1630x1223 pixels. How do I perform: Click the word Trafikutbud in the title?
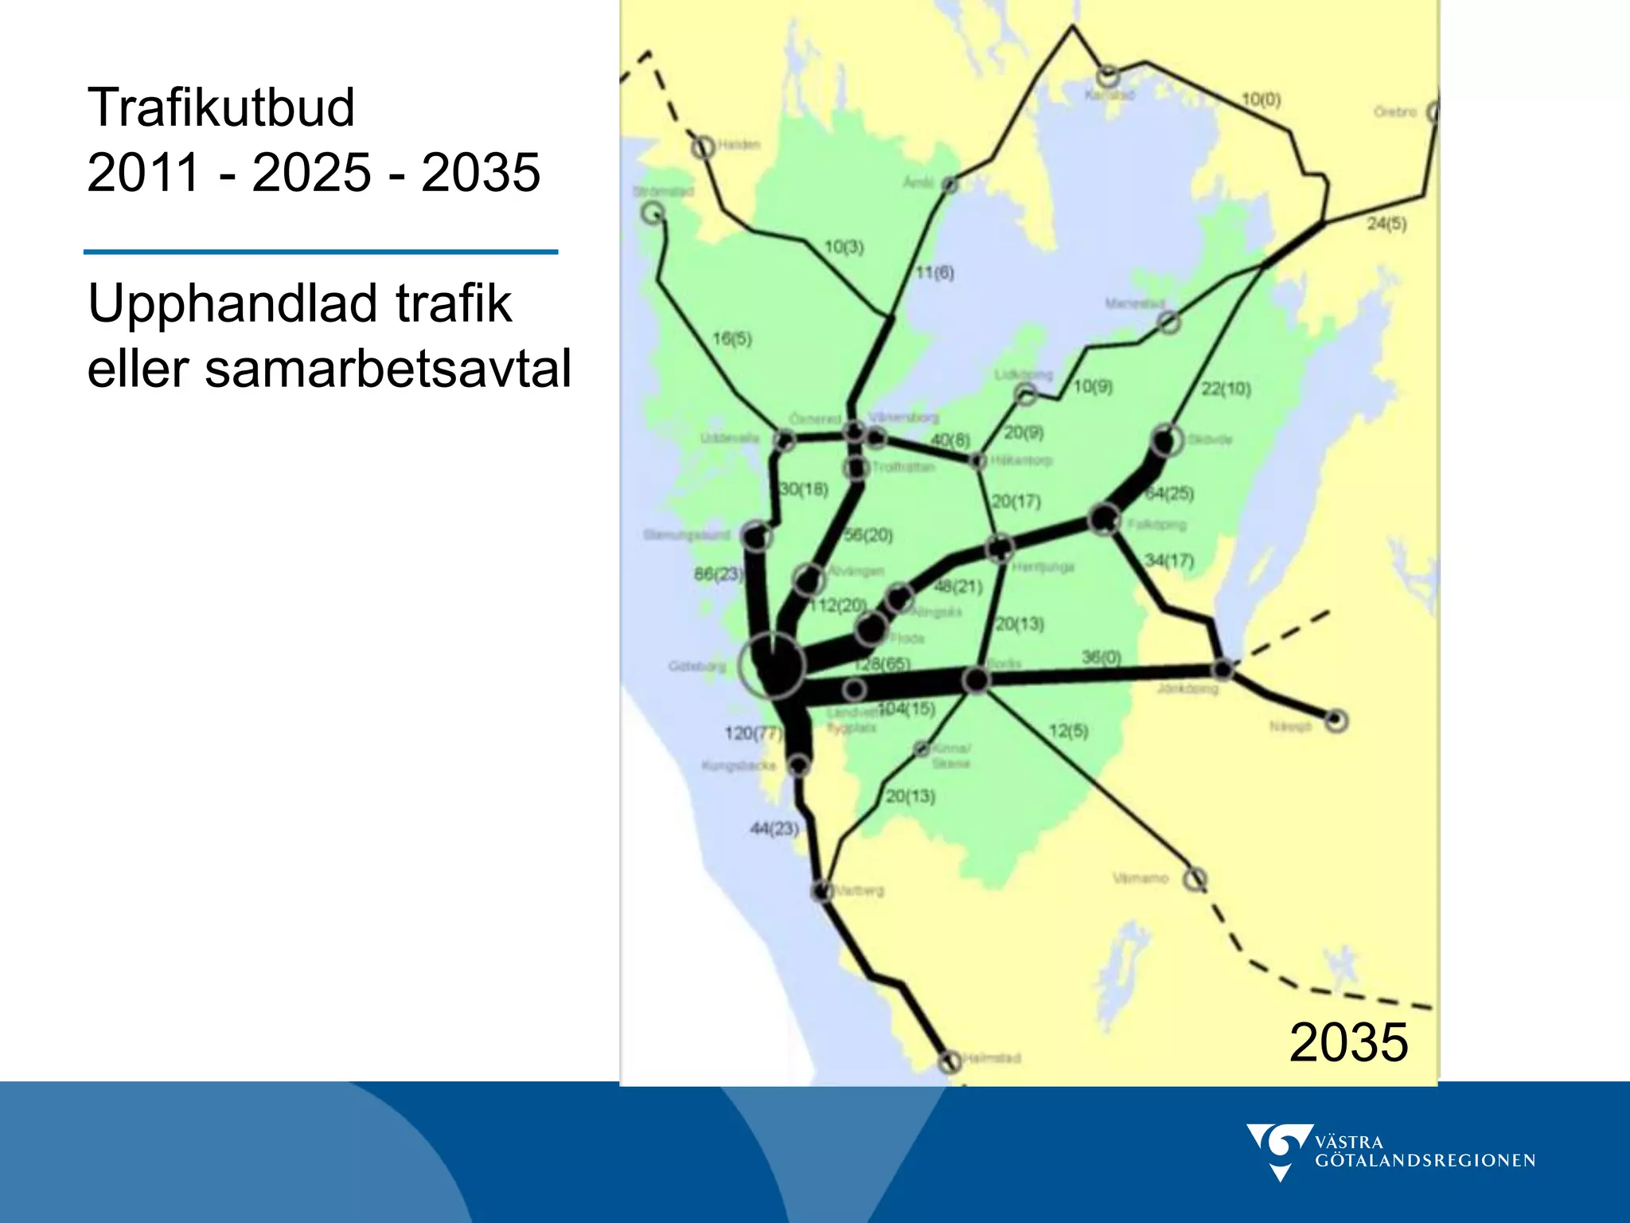pos(220,107)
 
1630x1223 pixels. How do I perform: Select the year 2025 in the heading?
pos(311,172)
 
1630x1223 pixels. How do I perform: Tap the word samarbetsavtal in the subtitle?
pos(388,369)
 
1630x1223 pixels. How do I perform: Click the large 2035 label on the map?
pos(1348,1042)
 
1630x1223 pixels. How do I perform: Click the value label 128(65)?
pos(882,664)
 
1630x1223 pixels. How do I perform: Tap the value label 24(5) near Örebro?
pos(1386,225)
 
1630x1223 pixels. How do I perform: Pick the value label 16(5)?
pos(731,338)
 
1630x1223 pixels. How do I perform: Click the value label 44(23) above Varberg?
pos(774,829)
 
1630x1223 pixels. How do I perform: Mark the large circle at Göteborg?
pos(771,666)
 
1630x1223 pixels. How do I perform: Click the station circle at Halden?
pos(703,147)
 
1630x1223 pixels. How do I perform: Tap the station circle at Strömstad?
pos(653,213)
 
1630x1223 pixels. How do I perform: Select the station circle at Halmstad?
pos(950,1061)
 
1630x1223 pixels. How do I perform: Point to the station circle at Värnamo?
pos(1194,879)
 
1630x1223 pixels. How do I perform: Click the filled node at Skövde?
pos(1167,440)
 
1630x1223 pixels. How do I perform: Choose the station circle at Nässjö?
pos(1336,721)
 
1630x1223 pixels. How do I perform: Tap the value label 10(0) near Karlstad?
pos(1261,100)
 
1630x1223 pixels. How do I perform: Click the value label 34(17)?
pos(1169,561)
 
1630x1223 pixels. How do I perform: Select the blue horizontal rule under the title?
pos(321,252)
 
